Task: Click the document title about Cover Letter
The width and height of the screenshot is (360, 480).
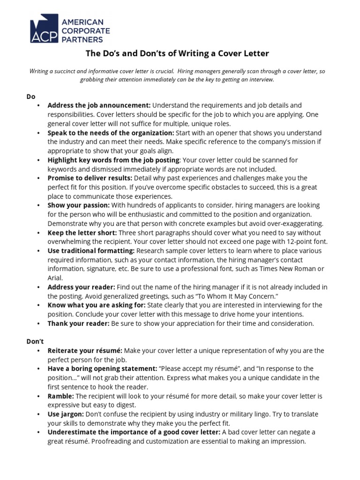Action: coord(177,53)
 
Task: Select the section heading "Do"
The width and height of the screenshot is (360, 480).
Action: coord(30,97)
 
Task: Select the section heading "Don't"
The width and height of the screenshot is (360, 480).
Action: coord(34,342)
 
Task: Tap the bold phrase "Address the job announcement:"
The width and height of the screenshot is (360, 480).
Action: coord(99,105)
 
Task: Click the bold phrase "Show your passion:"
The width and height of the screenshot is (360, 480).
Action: coord(79,205)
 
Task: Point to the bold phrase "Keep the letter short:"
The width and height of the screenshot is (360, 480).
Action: coord(82,233)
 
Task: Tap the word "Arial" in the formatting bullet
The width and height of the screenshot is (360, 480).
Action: coord(55,278)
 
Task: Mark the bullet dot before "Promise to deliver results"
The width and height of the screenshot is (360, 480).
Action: coord(38,179)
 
